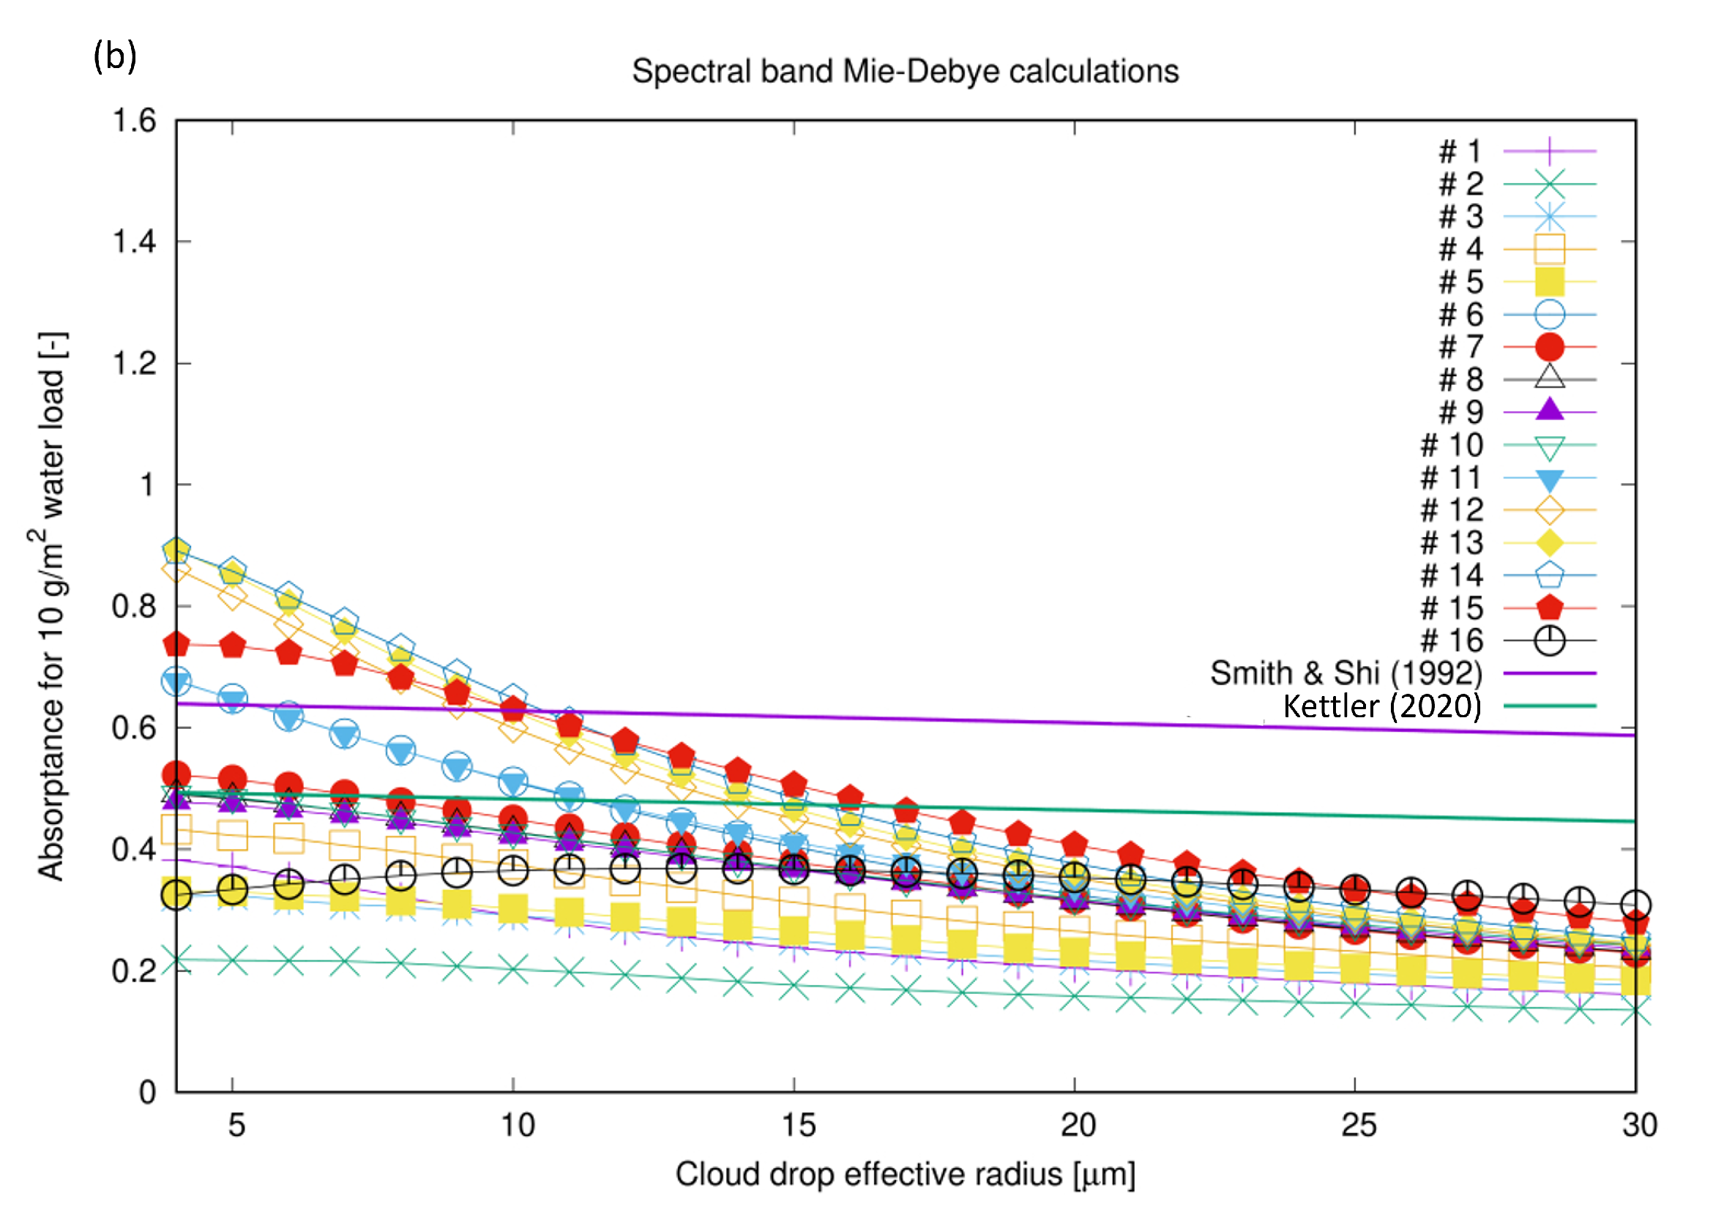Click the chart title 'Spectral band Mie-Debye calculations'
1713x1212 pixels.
coord(905,72)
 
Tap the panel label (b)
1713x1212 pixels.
coord(115,56)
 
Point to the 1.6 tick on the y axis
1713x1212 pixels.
coord(135,120)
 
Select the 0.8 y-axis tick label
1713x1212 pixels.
coord(135,606)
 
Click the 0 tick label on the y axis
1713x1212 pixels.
coord(147,1093)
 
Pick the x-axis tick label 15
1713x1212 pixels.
coord(797,1126)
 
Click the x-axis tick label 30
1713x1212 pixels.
coord(1639,1126)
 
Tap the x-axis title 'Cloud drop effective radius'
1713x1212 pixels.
coord(905,1175)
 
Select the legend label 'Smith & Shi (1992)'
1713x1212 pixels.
coord(1345,673)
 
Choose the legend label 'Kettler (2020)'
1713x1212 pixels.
coord(1381,706)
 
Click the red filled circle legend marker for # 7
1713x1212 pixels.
coord(1549,347)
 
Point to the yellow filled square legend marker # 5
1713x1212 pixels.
coord(1549,282)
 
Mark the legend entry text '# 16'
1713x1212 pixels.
coord(1451,640)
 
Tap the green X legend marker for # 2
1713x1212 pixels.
coord(1549,184)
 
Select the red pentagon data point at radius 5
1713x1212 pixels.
coord(233,646)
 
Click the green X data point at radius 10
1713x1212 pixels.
coord(512,971)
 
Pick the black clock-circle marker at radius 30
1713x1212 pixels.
coord(1635,905)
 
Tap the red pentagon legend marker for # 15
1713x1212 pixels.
coord(1549,607)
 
